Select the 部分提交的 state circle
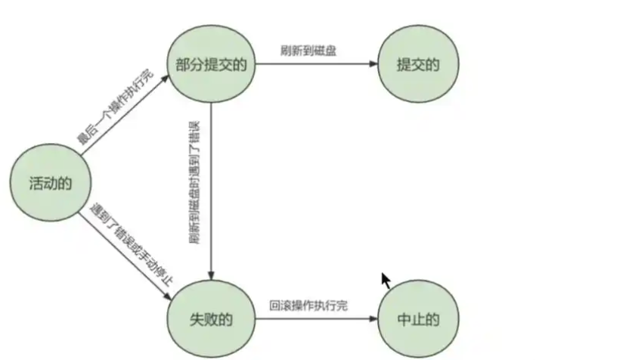[x=212, y=64]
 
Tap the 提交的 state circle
[x=418, y=64]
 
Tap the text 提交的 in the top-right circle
[x=418, y=64]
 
